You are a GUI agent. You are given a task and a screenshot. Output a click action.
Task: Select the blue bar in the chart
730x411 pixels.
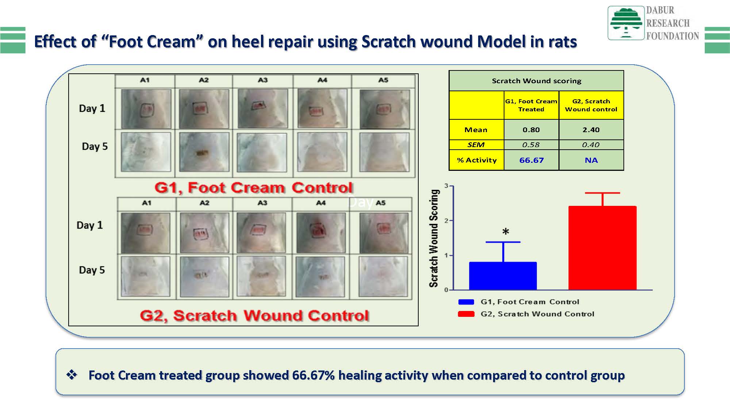(x=503, y=276)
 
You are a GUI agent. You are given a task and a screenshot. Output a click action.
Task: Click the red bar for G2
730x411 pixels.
(x=602, y=248)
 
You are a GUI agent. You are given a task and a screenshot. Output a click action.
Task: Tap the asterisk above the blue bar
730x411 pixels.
(x=506, y=231)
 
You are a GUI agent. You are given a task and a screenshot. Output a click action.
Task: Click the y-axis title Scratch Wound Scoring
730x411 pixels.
(x=434, y=238)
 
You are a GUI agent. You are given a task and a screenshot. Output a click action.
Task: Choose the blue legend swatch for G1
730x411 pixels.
(x=466, y=302)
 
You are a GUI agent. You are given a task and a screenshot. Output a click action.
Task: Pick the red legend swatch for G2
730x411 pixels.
(x=466, y=314)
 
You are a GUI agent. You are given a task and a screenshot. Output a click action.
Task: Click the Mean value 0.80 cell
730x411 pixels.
(x=531, y=130)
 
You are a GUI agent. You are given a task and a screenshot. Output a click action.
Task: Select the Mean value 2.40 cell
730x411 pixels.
(x=591, y=130)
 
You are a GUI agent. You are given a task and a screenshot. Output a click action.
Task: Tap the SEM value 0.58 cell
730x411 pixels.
(x=531, y=145)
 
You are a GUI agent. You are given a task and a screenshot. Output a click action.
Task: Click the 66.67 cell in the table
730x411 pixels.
(x=531, y=160)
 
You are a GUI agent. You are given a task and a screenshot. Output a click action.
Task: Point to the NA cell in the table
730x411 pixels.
(x=591, y=160)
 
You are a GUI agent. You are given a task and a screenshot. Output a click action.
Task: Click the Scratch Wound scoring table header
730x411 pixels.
(x=536, y=81)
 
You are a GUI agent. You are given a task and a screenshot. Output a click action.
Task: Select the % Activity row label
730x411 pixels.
(x=477, y=160)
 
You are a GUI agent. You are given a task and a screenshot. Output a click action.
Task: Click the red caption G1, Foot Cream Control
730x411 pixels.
(x=254, y=188)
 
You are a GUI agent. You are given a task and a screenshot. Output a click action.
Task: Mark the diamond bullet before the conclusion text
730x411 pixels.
(x=72, y=375)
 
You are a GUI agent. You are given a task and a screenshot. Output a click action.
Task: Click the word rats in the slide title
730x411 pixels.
(x=562, y=42)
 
